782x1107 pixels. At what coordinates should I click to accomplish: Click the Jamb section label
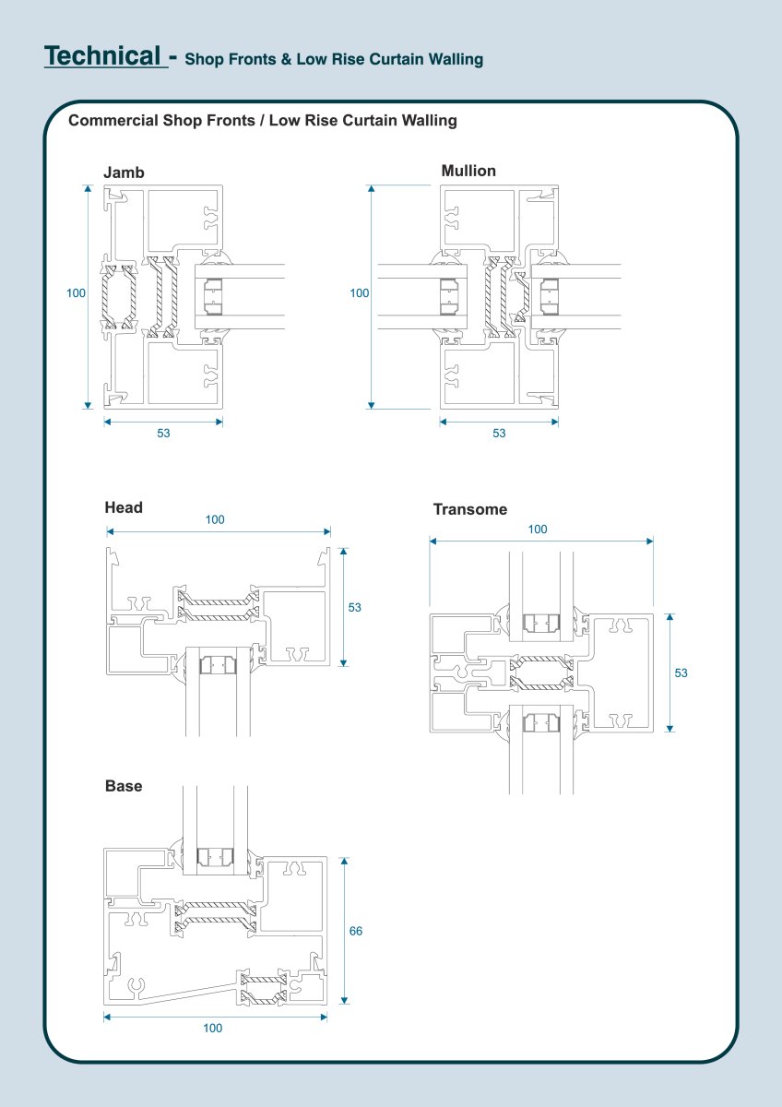124,173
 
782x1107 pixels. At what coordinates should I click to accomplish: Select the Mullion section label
468,171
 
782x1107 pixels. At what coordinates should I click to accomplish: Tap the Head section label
124,507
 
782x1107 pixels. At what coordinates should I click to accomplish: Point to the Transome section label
470,509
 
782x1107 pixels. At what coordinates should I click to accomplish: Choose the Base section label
124,786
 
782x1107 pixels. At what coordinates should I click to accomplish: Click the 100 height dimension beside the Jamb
76,293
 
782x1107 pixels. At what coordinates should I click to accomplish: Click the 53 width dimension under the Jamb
163,433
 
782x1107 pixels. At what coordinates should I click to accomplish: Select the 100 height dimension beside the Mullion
360,293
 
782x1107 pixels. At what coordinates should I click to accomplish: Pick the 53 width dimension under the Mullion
499,433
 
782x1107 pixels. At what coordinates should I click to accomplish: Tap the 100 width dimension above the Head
215,519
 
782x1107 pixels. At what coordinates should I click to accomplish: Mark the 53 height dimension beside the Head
355,607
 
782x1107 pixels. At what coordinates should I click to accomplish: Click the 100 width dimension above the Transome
538,530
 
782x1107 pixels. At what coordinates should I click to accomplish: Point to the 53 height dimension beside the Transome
681,673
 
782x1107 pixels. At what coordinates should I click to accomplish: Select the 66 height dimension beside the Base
356,931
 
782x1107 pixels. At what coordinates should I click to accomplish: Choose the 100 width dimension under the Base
212,1028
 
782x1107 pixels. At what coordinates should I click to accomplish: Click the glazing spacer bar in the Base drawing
218,857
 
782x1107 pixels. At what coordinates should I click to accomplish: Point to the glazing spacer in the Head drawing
219,662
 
